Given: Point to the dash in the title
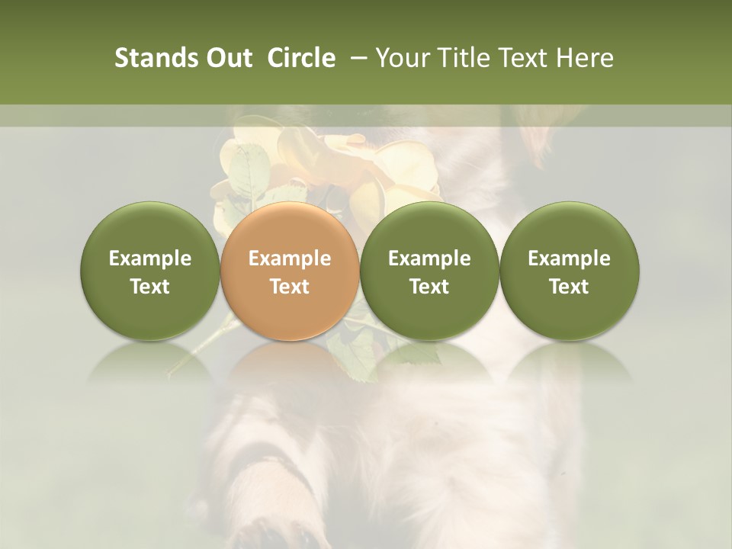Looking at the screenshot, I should [x=357, y=59].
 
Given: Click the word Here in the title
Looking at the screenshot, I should [x=584, y=58].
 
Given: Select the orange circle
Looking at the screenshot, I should [x=290, y=271].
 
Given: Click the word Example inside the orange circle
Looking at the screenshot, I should [x=290, y=258].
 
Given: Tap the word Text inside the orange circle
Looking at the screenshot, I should [x=290, y=287].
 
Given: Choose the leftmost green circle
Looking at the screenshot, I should [x=149, y=271].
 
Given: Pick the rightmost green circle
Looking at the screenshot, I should [x=569, y=271].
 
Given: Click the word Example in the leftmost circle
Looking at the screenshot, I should [x=149, y=258].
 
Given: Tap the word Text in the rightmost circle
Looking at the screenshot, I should [x=569, y=287].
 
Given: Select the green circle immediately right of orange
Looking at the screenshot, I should [x=429, y=271].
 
